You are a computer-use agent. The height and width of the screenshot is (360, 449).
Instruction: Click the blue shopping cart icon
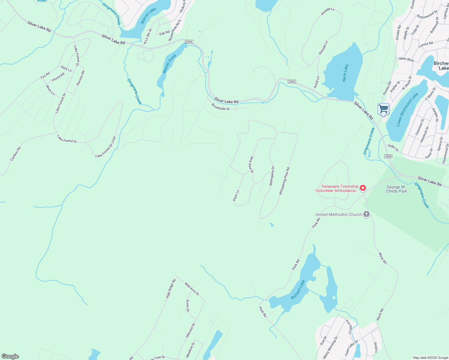[383, 109]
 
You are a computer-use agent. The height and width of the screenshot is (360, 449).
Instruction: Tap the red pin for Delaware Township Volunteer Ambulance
[363, 188]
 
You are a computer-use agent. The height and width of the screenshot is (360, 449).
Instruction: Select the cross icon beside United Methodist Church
[366, 214]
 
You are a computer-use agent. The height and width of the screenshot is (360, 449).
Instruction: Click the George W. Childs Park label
[396, 189]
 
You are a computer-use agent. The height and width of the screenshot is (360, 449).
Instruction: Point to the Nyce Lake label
[345, 73]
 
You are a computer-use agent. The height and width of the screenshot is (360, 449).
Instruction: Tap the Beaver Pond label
[169, 64]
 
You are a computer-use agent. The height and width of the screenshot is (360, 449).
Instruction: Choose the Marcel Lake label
[148, 16]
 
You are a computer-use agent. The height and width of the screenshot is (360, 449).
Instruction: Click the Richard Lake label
[298, 290]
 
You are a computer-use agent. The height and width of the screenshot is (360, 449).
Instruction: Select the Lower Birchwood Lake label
[407, 110]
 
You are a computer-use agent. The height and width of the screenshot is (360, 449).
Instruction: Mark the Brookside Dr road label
[221, 107]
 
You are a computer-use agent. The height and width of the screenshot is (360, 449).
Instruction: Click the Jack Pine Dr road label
[252, 164]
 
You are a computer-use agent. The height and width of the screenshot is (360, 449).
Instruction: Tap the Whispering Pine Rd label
[284, 181]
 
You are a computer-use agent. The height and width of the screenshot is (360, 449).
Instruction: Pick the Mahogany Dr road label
[272, 176]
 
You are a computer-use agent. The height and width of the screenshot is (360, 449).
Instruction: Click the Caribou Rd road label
[16, 154]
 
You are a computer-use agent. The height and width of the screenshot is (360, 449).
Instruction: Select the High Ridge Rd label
[171, 289]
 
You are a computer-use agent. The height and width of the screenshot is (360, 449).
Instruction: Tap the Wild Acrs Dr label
[192, 289]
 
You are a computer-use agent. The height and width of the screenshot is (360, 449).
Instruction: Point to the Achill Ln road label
[317, 82]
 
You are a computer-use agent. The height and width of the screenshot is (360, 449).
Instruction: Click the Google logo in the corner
[10, 356]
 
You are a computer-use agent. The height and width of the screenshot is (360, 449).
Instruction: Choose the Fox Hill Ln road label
[348, 327]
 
